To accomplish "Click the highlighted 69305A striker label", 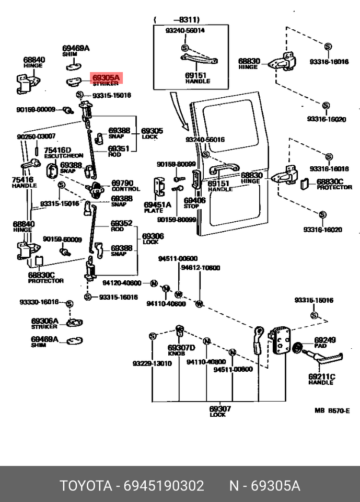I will (106, 79).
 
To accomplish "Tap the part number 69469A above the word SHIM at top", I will (76, 49).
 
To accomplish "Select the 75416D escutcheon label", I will (57, 153).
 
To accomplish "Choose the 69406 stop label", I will (195, 203).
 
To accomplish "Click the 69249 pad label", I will (324, 343).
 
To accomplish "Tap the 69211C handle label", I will (321, 379).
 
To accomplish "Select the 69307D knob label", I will (181, 350).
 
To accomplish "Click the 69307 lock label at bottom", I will (220, 411).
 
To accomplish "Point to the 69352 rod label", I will (121, 225).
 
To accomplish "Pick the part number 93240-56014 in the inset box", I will (185, 30).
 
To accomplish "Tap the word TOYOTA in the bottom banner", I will (86, 486).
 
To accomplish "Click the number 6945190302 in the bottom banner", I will (164, 486).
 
